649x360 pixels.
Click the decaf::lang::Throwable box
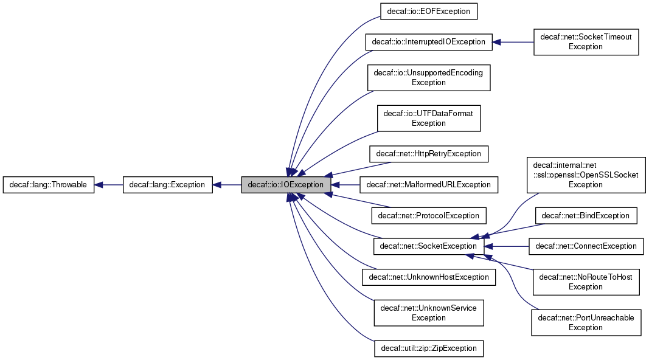coord(49,184)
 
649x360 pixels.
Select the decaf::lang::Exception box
coord(167,184)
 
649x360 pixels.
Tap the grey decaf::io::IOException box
coord(286,184)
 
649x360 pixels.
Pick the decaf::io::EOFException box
coord(428,12)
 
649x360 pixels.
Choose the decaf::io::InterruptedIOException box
coord(428,42)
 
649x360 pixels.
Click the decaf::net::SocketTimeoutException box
coord(586,42)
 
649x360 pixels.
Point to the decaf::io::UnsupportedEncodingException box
coord(428,77)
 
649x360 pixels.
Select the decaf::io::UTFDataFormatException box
coord(428,118)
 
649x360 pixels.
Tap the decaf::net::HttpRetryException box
coord(428,153)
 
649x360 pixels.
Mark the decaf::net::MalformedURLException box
coord(428,184)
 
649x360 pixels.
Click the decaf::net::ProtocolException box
coord(428,215)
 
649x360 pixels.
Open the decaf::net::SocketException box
coord(428,246)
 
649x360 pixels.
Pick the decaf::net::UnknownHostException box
coord(428,277)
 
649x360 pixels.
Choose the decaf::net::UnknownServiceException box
coord(428,313)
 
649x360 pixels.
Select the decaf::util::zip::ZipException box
coord(428,348)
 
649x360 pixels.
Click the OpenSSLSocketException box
coord(586,175)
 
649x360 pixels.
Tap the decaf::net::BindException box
coord(586,215)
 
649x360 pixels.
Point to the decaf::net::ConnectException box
coord(586,246)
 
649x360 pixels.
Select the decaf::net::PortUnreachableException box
coord(586,322)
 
